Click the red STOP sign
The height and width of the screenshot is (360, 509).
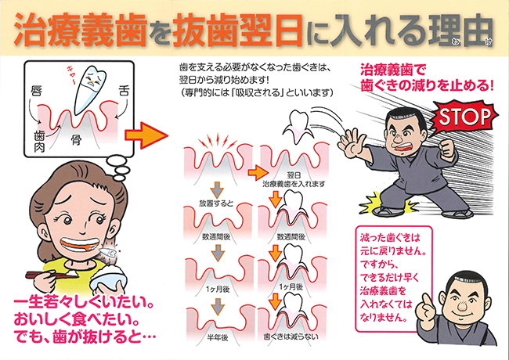coord(462,117)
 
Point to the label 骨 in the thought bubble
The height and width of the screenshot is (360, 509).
coord(77,141)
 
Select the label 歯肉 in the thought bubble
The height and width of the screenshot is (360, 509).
coord(39,140)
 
